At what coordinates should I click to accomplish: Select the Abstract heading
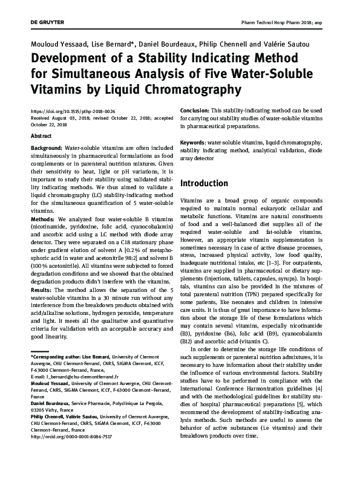pos(41,137)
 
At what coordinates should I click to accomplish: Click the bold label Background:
pos(46,148)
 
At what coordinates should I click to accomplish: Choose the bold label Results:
pos(42,290)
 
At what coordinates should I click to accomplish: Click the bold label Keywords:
pos(194,143)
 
